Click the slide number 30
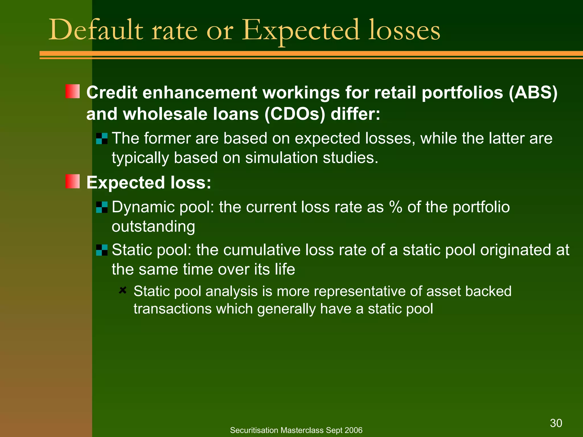[556, 423]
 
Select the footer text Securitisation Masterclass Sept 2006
[296, 430]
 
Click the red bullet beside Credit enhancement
[73, 91]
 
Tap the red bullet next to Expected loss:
[73, 181]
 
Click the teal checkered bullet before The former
[102, 139]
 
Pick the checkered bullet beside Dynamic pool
[102, 207]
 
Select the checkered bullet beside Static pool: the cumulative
[102, 250]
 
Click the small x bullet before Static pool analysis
[123, 290]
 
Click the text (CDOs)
[295, 114]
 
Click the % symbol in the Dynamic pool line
[396, 207]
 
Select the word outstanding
[153, 226]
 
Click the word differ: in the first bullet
[355, 114]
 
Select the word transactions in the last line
[173, 309]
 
